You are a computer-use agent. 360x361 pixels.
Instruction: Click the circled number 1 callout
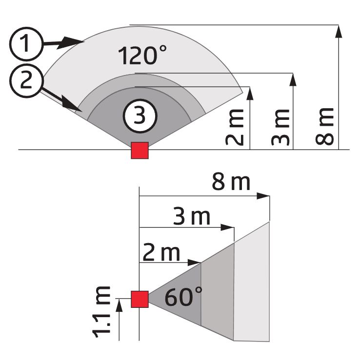[26, 44]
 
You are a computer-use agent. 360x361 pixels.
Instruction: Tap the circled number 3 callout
[140, 116]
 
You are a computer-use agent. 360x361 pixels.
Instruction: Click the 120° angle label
[142, 55]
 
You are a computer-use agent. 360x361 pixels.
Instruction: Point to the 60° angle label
[183, 297]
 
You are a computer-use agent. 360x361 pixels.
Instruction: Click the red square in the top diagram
[140, 151]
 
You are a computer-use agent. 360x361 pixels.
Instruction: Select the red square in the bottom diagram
[140, 299]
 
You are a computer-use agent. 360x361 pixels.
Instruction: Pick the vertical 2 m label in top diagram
[234, 127]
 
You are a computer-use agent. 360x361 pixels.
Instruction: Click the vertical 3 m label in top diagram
[280, 127]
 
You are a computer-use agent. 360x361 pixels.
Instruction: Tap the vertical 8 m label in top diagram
[324, 126]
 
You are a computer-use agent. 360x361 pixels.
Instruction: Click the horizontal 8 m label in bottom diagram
[231, 182]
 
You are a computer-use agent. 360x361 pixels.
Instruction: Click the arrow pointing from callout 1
[63, 43]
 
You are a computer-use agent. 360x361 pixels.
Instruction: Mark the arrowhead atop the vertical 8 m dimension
[339, 32]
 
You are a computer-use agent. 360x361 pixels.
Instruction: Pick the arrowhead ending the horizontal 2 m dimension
[194, 263]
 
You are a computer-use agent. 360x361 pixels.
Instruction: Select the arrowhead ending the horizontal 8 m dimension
[263, 196]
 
